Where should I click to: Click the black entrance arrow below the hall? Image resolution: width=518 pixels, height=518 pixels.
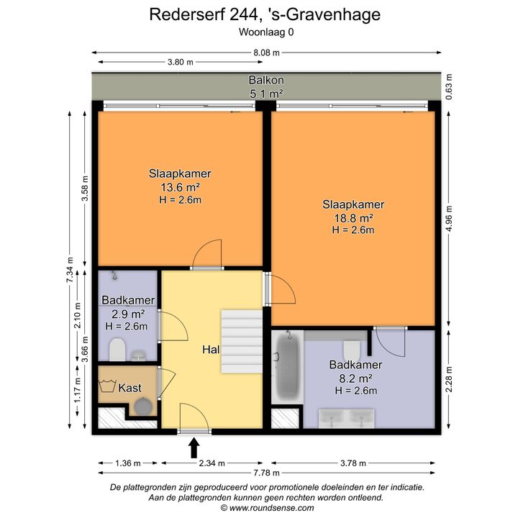(194, 447)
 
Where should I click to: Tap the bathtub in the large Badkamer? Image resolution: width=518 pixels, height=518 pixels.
(287, 367)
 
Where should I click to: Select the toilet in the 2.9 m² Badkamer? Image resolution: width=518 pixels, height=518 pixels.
(117, 349)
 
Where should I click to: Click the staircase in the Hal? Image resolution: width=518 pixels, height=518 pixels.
(242, 342)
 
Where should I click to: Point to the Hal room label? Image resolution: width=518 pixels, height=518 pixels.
(211, 350)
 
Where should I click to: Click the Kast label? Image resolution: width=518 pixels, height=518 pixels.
(129, 388)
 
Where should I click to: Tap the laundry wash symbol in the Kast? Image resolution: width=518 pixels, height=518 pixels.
(107, 386)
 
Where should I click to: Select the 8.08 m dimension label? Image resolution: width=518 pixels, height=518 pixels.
(267, 53)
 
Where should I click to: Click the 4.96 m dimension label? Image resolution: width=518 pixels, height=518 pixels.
(449, 219)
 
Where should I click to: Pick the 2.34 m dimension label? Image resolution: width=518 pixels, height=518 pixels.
(212, 463)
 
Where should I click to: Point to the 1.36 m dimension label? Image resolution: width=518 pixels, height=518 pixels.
(128, 463)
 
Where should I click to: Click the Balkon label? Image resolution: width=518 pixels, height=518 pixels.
(266, 80)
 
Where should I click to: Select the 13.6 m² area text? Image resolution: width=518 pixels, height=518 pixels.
(180, 187)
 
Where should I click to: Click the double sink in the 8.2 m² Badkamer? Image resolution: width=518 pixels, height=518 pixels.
(347, 419)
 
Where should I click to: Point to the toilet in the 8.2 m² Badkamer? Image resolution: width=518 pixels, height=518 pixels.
(352, 351)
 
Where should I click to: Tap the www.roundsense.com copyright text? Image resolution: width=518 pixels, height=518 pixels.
(271, 508)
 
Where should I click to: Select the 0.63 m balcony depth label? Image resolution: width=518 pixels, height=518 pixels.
(449, 86)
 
